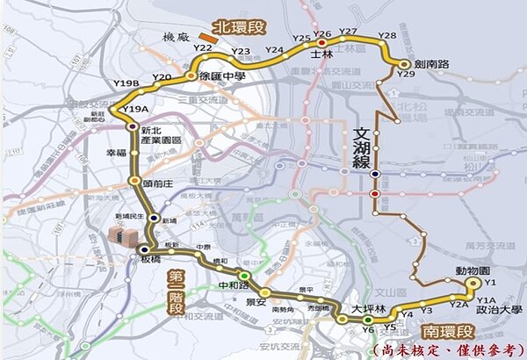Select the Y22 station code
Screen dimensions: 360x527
click(204, 48)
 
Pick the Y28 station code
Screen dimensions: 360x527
click(386, 35)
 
